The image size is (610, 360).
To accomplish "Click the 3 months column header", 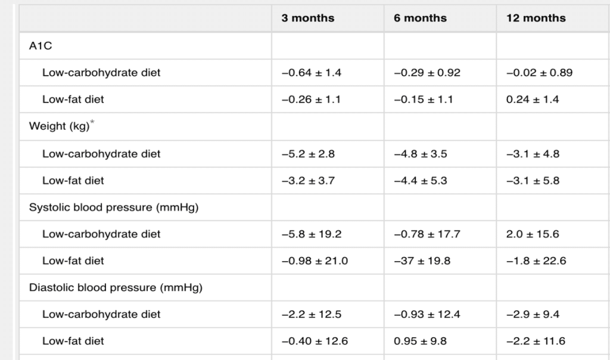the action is (x=308, y=18).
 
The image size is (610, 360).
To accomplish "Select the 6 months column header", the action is (x=420, y=18).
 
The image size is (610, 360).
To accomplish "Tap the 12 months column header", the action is (x=536, y=18).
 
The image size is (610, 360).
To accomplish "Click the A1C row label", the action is (x=41, y=46).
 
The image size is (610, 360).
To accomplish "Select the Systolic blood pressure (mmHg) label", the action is (x=114, y=207).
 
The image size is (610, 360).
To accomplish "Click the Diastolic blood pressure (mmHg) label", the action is (x=116, y=288).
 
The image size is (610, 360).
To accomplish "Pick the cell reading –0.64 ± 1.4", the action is (x=311, y=73).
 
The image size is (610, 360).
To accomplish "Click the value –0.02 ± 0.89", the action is (x=539, y=73).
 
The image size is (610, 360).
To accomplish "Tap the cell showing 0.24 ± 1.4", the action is (x=532, y=100).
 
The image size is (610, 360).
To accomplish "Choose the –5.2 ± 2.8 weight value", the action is (x=308, y=154).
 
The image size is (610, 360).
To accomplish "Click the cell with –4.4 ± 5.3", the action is (x=421, y=181).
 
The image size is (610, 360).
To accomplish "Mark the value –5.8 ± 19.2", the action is (x=312, y=234).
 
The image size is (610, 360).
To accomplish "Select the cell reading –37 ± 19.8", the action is (x=422, y=260).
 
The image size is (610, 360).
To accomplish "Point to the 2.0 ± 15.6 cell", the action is (x=533, y=234).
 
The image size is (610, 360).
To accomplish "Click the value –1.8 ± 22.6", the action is (x=536, y=260).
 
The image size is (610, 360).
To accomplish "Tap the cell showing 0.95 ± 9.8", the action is (x=420, y=342).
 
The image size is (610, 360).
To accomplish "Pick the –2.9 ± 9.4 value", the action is (x=533, y=315).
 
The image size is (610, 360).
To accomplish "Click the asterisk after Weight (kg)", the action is (x=92, y=122).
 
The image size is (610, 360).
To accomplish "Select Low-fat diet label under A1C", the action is (x=73, y=100).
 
